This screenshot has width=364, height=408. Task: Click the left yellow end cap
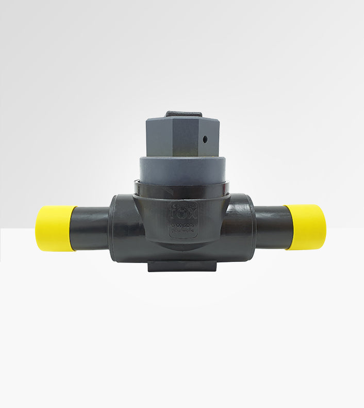pos(55,228)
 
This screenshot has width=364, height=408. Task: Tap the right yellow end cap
pos(306,227)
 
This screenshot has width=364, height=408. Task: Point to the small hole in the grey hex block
pos(205,139)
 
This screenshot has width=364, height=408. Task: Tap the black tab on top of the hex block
pos(184,114)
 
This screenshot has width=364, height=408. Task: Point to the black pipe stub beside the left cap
pos(93,228)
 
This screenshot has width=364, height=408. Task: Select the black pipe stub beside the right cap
pos(273,227)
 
